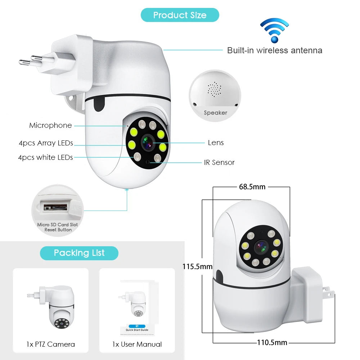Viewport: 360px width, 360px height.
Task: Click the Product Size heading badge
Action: (x=180, y=15)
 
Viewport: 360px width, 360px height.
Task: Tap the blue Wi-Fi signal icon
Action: (x=274, y=31)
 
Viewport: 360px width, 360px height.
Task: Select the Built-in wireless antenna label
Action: (x=274, y=50)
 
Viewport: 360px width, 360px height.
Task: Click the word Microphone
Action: (x=50, y=125)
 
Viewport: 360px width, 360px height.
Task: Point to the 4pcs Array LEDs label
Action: (x=46, y=143)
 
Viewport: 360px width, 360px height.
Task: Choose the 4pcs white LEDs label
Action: (x=45, y=157)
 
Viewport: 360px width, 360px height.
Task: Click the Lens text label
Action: (x=216, y=143)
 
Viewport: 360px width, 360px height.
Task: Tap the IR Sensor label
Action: (x=219, y=162)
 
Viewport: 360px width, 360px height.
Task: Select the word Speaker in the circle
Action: (x=215, y=113)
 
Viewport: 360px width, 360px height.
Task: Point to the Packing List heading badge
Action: (x=79, y=253)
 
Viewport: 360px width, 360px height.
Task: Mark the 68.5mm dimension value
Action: (x=252, y=186)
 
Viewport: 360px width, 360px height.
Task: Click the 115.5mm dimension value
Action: (x=197, y=267)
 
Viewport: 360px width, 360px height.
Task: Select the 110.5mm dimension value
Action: (x=272, y=342)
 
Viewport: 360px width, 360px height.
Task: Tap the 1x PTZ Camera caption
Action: (x=50, y=344)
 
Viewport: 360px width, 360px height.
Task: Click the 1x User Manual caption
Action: (x=137, y=344)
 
